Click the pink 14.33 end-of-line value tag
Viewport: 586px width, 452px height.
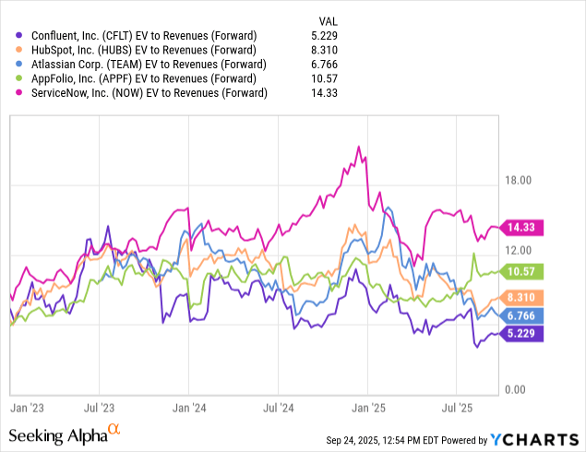[524, 227]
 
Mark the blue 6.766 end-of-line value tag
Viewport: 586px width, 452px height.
[524, 315]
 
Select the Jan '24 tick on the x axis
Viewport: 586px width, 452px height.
[188, 405]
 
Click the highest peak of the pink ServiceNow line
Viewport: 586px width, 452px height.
[358, 147]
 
